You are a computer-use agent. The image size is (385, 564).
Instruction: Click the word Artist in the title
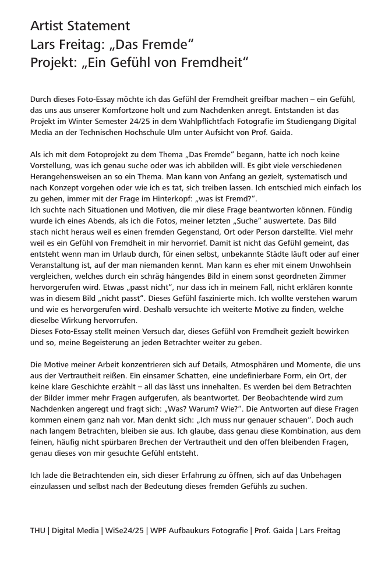(48, 26)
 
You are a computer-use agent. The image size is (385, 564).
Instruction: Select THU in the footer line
(38, 530)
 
